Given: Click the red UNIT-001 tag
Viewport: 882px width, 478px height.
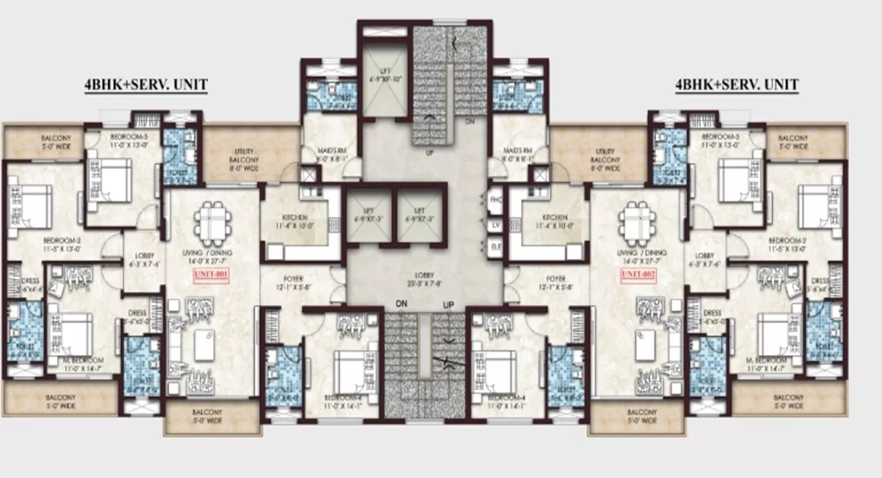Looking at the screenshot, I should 212,275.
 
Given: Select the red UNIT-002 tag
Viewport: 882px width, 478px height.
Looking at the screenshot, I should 638,275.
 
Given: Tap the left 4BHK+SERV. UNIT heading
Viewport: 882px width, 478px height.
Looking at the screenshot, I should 146,85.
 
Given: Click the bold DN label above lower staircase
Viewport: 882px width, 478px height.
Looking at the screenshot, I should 401,304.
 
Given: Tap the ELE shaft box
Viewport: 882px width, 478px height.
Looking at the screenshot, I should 496,247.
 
